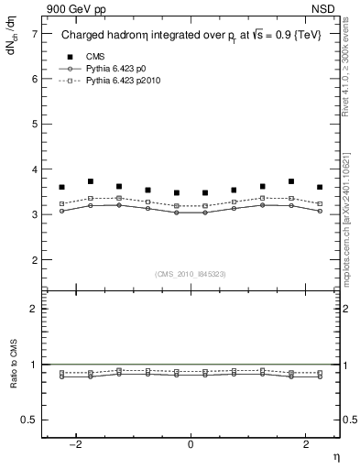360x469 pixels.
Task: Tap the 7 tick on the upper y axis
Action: click(34, 34)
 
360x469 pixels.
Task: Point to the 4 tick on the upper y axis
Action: click(34, 169)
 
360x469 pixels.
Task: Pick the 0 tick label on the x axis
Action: click(191, 444)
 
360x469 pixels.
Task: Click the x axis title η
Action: click(335, 455)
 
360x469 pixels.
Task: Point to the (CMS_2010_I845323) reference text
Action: click(191, 273)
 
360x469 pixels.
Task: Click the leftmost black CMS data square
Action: click(62, 187)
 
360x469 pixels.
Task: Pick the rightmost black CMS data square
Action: click(320, 187)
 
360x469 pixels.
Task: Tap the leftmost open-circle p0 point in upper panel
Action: click(62, 211)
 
